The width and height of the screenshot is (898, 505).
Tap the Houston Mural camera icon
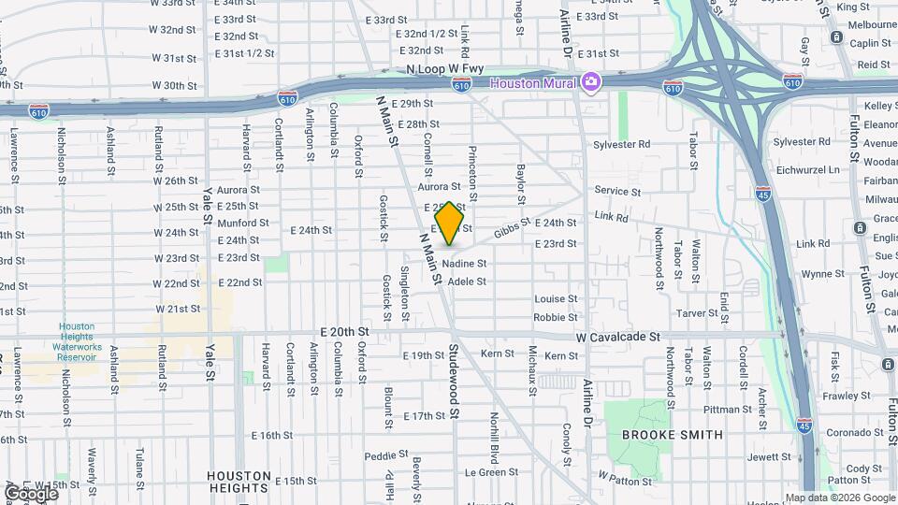[x=589, y=82]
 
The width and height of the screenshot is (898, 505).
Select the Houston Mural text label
[x=538, y=82]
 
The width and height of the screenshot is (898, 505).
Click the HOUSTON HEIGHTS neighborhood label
[x=238, y=481]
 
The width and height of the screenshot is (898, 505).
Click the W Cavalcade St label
[x=618, y=337]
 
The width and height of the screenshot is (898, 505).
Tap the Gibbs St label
[x=512, y=227]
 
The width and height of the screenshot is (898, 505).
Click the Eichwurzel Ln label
[x=807, y=169]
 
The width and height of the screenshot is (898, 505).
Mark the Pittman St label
[x=721, y=410]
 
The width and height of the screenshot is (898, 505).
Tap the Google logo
[x=32, y=493]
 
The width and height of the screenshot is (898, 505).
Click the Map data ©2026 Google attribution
[x=840, y=498]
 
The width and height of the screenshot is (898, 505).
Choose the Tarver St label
[x=695, y=312]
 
